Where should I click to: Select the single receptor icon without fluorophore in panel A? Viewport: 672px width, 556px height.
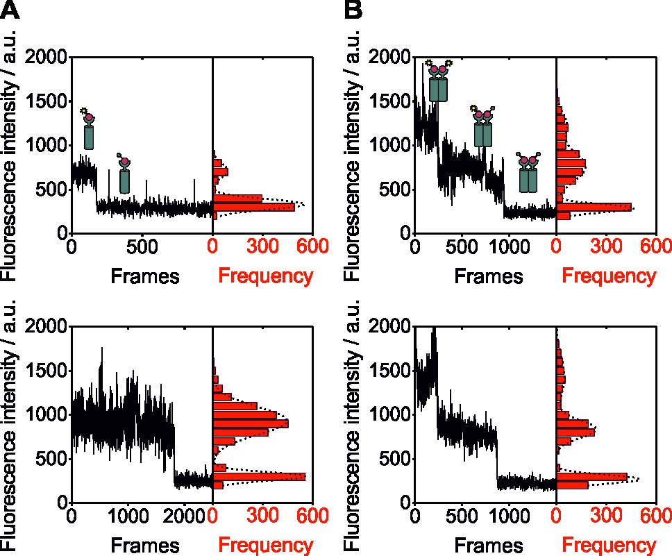124,174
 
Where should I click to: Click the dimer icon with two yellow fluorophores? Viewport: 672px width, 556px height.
439,81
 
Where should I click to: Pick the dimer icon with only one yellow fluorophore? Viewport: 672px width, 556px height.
482,126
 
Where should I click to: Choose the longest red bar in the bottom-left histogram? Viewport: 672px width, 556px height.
259,476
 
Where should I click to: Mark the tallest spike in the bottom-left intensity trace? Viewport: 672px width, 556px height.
102,348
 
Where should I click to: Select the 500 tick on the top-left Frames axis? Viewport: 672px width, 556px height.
141,246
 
